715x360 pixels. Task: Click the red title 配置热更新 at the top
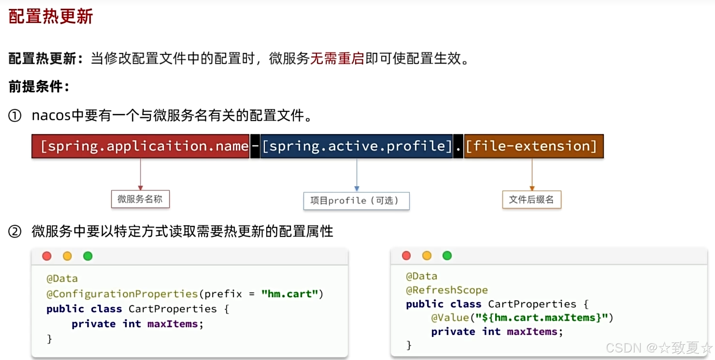(x=51, y=16)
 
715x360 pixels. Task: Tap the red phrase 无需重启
(x=337, y=58)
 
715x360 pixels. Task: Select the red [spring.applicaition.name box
(x=141, y=146)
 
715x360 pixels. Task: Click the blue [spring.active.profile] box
(x=356, y=146)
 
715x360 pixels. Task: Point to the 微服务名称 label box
(x=140, y=199)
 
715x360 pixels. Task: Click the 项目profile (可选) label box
(x=356, y=201)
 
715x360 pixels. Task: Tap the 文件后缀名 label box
(x=531, y=200)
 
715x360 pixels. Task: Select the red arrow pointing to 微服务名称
(x=141, y=174)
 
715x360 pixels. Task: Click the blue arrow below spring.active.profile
(x=357, y=175)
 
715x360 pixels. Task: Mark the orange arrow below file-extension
(x=532, y=174)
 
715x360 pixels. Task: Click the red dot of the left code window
(x=47, y=256)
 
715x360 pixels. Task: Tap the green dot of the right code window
(x=447, y=256)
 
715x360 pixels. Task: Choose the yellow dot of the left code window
(x=67, y=256)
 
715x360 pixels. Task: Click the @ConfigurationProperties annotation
(x=122, y=294)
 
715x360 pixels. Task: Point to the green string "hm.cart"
(x=289, y=294)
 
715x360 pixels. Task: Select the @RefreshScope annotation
(x=447, y=290)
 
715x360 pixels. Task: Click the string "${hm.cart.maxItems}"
(x=542, y=318)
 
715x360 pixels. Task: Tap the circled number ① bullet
(x=15, y=116)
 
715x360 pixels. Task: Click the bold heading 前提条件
(x=38, y=87)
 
